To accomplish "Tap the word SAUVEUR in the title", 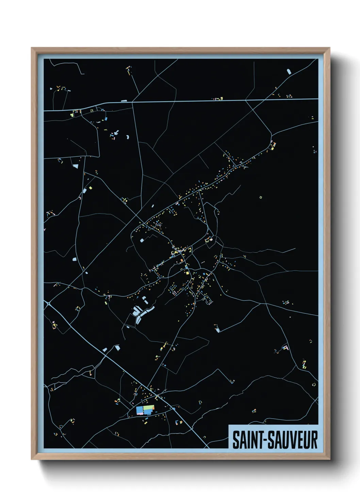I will click(293, 440).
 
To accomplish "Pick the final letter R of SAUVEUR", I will click(314, 440).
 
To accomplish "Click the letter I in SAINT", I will click(247, 440).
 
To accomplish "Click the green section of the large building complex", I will click(148, 407).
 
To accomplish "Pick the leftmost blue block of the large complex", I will click(139, 409).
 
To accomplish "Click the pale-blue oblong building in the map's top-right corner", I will click(289, 72).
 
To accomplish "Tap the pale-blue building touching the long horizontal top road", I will click(124, 101).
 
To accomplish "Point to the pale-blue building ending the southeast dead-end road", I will click(217, 329).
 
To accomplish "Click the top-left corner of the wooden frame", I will click(32, 48).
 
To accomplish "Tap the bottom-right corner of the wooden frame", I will click(329, 459).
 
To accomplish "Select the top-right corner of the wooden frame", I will click(329, 48).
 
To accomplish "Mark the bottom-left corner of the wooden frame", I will click(32, 459).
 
